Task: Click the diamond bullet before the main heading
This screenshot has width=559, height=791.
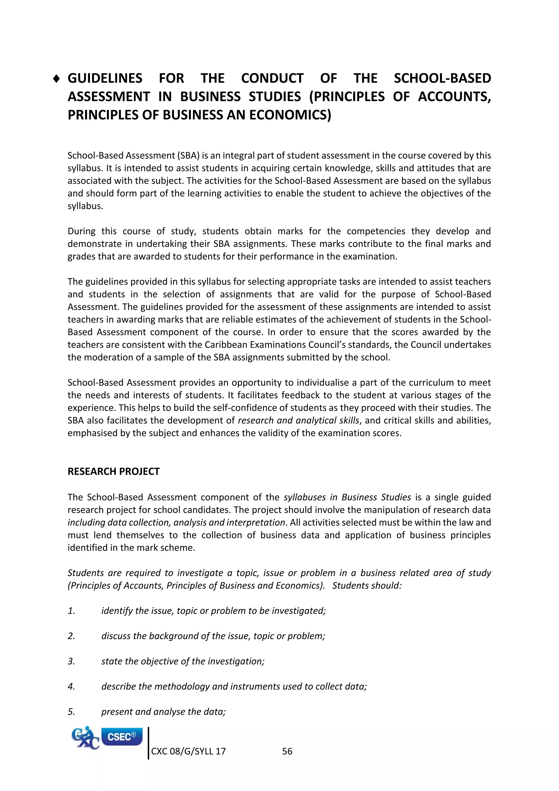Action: coord(57,79)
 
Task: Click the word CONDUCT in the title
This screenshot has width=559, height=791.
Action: coord(272,79)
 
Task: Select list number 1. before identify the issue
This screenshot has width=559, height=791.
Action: coord(71,611)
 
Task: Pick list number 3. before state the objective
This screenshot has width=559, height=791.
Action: coord(71,662)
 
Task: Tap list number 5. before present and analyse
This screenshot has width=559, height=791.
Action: coord(71,712)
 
